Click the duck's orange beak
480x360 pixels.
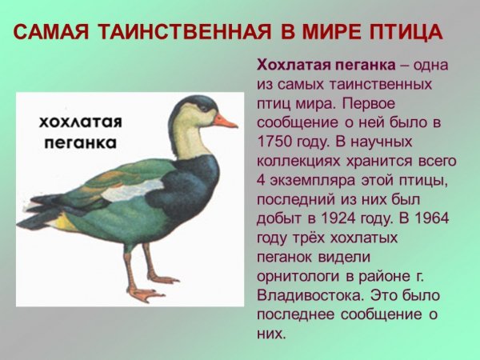pos(225,122)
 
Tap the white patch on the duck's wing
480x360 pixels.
pos(132,190)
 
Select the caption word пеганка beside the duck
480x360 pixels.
pos(79,144)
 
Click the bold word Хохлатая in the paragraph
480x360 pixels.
pos(290,65)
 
